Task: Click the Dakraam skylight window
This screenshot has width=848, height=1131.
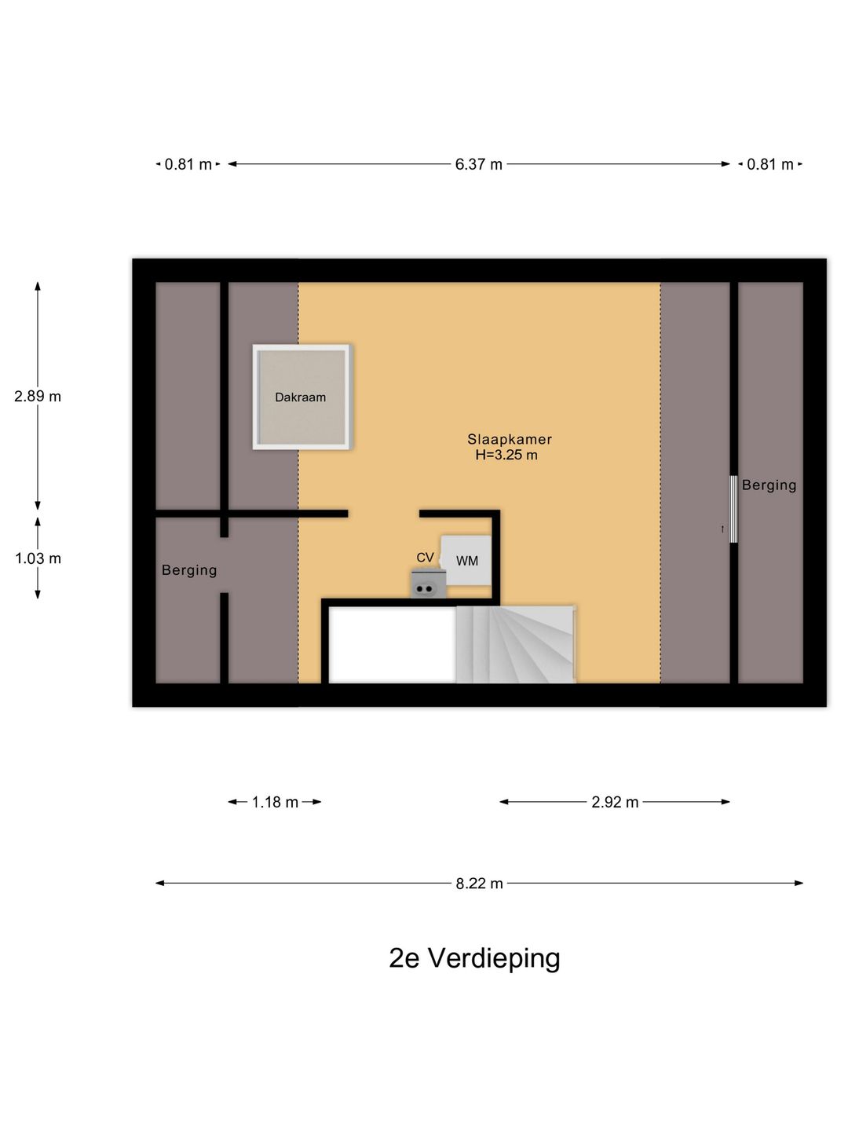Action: click(302, 397)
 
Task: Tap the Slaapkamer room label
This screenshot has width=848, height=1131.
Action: click(510, 439)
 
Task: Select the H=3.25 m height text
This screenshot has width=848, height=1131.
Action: click(506, 455)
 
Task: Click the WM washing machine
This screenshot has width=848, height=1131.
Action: click(466, 560)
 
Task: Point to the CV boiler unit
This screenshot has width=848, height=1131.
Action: click(429, 584)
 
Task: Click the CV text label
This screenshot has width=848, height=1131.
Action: click(425, 557)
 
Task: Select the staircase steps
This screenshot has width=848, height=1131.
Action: click(515, 644)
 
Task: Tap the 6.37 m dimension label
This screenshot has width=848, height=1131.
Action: click(478, 164)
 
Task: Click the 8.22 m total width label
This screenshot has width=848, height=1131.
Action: click(479, 884)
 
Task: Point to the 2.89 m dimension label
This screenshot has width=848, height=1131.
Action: click(38, 396)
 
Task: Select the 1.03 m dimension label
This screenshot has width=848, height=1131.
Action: click(38, 558)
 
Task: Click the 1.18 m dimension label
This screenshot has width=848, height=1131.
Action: click(275, 802)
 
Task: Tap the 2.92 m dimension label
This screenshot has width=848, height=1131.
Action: click(615, 802)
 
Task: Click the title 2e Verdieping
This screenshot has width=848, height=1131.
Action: click(474, 959)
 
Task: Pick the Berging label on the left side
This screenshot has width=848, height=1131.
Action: click(189, 570)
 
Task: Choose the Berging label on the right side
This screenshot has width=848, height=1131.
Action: click(769, 485)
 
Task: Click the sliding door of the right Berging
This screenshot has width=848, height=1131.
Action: click(733, 509)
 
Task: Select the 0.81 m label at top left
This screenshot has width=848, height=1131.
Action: click(188, 164)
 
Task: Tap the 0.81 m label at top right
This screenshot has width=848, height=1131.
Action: click(769, 164)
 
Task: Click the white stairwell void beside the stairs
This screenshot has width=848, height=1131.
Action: click(393, 645)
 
